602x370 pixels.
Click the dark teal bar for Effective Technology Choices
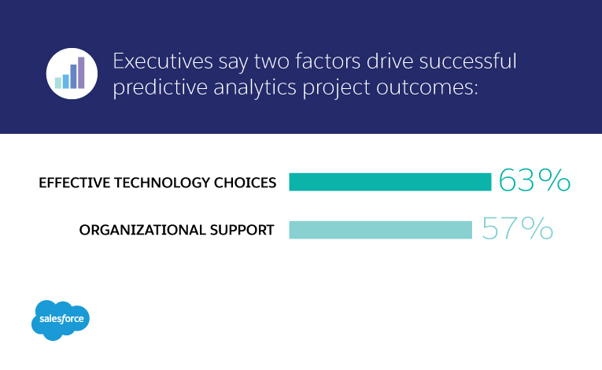(x=390, y=182)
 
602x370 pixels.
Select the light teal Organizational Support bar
(x=380, y=230)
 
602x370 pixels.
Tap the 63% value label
(x=534, y=179)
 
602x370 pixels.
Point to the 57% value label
(x=517, y=228)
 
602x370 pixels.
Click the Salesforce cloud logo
(x=61, y=320)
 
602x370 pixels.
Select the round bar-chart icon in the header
(x=72, y=73)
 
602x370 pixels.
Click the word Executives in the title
(x=163, y=61)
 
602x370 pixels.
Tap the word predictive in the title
(x=160, y=87)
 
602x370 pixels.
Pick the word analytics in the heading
(x=255, y=87)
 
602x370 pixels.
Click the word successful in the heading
(x=467, y=61)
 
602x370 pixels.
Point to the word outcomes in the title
(x=427, y=87)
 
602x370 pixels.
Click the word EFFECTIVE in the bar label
(x=75, y=183)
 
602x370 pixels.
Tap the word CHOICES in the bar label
(x=245, y=183)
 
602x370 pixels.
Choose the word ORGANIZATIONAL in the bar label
(x=142, y=230)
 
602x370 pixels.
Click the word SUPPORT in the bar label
(x=242, y=230)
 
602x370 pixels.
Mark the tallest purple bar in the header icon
(x=81, y=72)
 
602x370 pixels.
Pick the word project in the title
(x=336, y=87)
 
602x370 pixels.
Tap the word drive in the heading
(x=390, y=61)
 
